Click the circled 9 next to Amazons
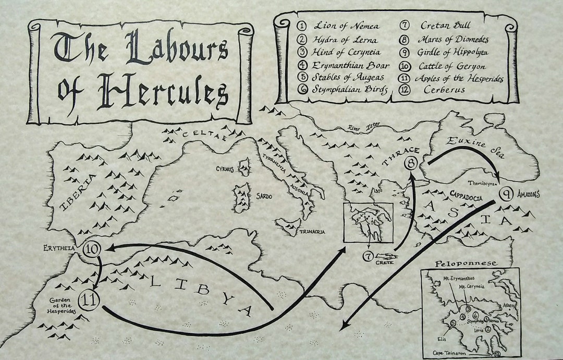pos(506,194)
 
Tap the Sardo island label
pos(263,196)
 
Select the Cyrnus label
pos(226,169)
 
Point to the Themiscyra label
pos(480,183)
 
